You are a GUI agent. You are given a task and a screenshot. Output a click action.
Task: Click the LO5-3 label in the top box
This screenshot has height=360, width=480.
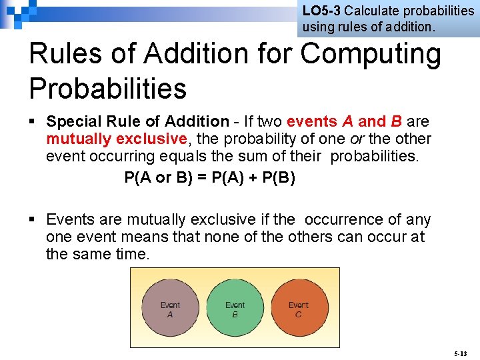click(321, 11)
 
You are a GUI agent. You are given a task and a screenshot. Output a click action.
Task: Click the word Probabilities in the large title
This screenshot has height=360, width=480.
click(107, 87)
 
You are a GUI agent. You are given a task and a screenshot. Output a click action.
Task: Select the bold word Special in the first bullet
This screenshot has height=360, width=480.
click(72, 121)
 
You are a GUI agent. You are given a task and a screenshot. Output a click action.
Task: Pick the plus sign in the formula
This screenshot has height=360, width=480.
click(250, 178)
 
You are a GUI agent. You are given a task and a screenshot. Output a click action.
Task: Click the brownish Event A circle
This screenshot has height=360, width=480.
click(170, 309)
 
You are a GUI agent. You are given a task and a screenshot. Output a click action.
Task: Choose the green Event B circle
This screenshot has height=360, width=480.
click(235, 309)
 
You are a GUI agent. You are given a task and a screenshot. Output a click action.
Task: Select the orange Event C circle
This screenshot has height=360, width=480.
click(298, 309)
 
